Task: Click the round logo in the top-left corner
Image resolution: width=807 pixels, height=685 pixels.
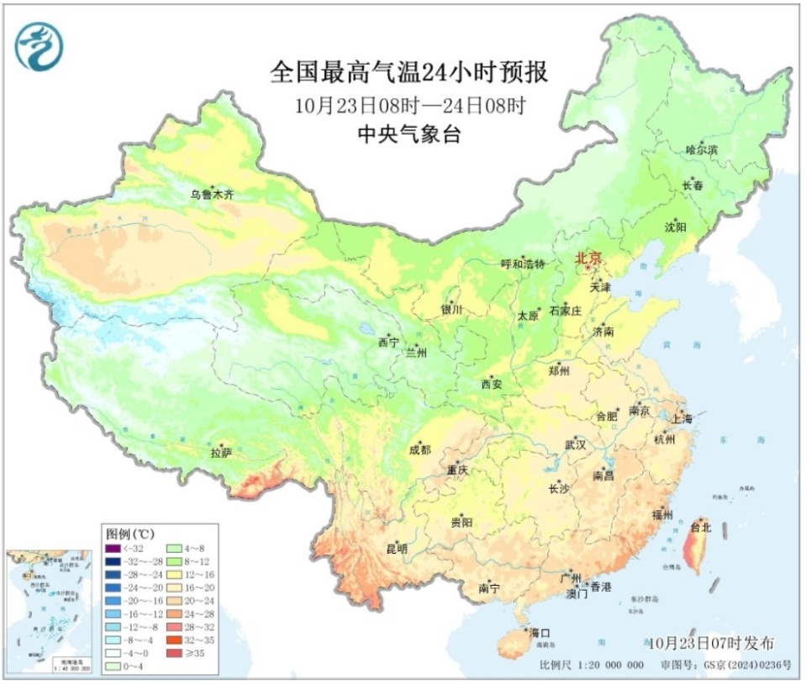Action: click(40, 47)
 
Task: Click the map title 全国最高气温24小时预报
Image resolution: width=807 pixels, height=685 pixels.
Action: click(409, 72)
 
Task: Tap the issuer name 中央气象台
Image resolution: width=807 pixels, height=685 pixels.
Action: click(409, 135)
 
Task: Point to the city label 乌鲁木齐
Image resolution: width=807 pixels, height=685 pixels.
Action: click(211, 194)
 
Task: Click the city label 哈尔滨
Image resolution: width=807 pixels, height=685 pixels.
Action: click(702, 150)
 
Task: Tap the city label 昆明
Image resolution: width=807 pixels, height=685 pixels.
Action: click(396, 549)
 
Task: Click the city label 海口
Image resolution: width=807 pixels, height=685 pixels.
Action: click(539, 632)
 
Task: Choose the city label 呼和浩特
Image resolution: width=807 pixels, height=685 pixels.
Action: click(523, 263)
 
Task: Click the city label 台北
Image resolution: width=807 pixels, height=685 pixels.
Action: click(700, 528)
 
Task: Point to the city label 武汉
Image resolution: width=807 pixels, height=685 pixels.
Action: click(576, 443)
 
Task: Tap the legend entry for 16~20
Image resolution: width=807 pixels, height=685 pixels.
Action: click(196, 594)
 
